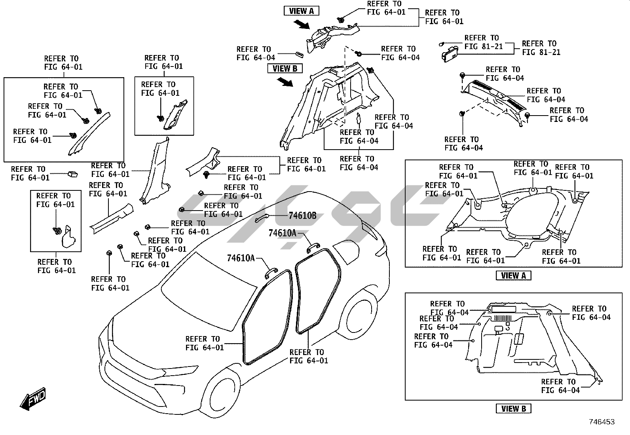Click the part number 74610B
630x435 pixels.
(302, 216)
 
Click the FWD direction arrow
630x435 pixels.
(33, 398)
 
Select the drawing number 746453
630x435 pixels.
(602, 422)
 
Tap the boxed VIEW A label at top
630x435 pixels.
(301, 11)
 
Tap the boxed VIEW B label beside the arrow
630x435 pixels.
(285, 68)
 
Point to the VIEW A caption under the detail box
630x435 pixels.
(513, 275)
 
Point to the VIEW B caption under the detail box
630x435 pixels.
(513, 408)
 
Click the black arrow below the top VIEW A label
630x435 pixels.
(303, 25)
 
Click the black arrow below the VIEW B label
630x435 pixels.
(286, 82)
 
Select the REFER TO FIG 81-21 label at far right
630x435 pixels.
(541, 48)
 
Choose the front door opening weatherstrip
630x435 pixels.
(269, 317)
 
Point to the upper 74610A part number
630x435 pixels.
(282, 233)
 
